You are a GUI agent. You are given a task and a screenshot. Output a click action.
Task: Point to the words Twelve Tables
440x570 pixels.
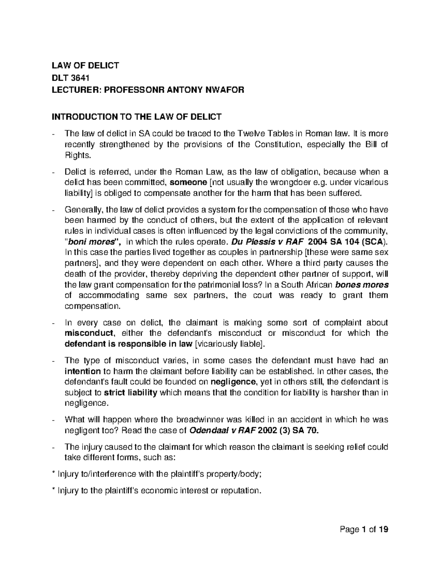tap(259, 134)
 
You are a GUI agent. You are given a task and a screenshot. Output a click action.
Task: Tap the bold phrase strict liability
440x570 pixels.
tap(131, 392)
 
